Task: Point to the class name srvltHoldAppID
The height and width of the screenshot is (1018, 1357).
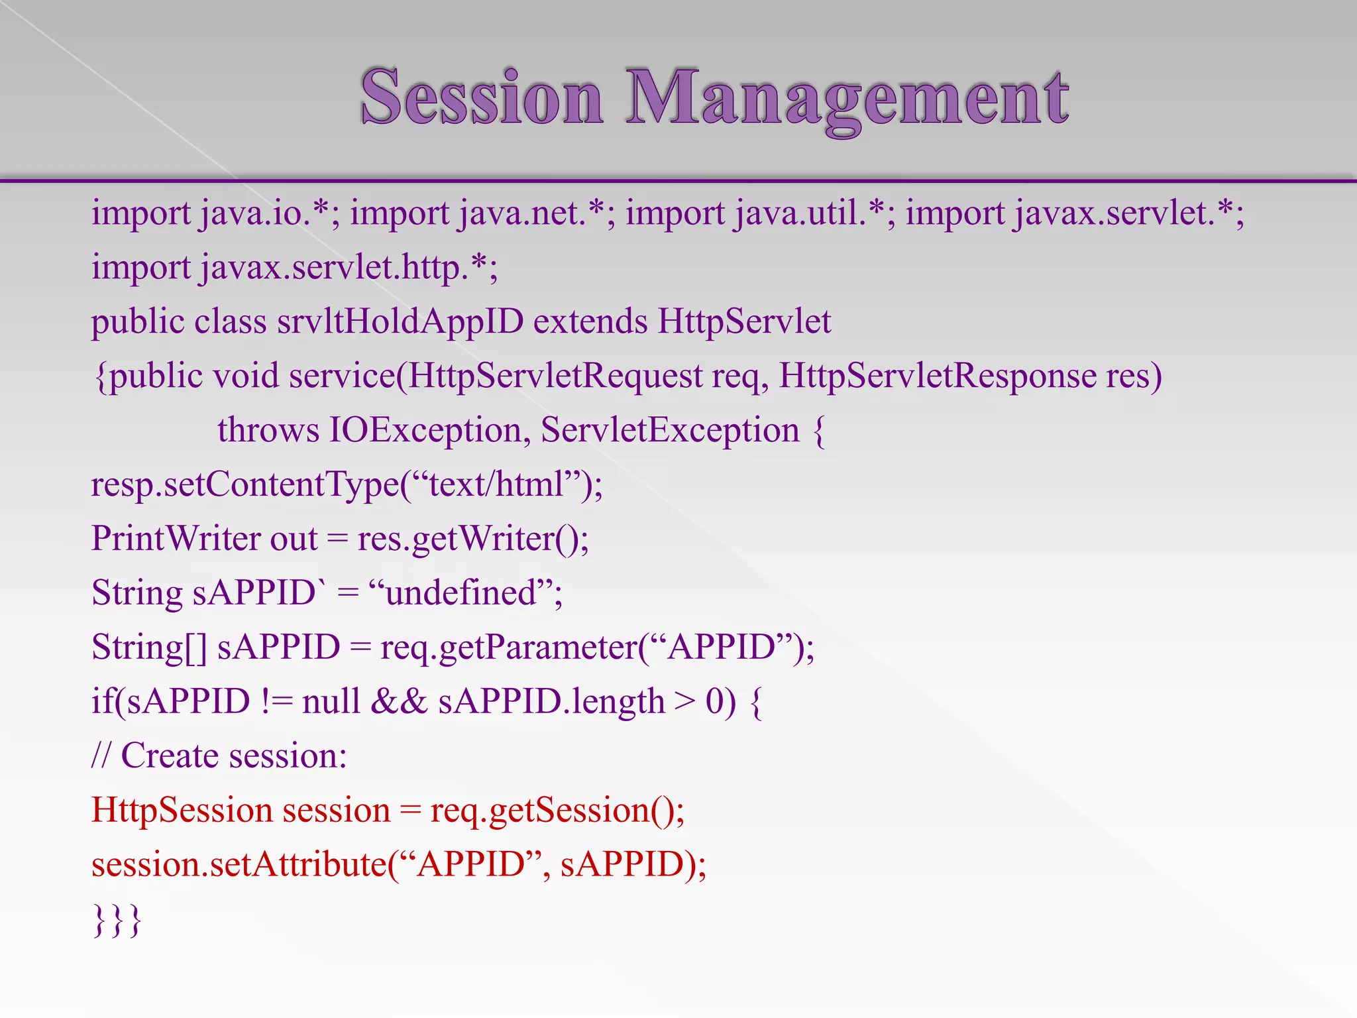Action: click(400, 322)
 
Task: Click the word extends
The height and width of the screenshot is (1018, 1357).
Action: click(590, 322)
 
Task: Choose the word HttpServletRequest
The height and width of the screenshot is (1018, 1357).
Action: click(555, 376)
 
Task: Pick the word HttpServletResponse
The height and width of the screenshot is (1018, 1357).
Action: click(937, 376)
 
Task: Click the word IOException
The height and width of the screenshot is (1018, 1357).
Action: click(425, 431)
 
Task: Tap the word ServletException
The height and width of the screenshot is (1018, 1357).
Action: click(670, 431)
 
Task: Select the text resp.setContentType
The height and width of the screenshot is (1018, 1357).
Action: click(245, 485)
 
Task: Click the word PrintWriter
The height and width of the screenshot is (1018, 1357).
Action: click(175, 539)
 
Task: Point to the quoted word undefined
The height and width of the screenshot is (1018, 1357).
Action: click(461, 593)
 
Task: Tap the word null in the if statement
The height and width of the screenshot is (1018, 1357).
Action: click(331, 702)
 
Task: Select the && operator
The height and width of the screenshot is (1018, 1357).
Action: click(400, 702)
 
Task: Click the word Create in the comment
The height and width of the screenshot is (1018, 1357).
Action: click(170, 756)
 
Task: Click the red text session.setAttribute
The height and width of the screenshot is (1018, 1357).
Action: click(239, 865)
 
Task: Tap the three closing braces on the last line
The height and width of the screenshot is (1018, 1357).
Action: click(117, 920)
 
